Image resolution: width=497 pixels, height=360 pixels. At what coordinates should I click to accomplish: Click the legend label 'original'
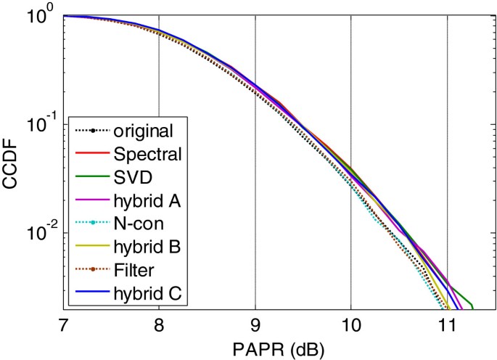point(142,131)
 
